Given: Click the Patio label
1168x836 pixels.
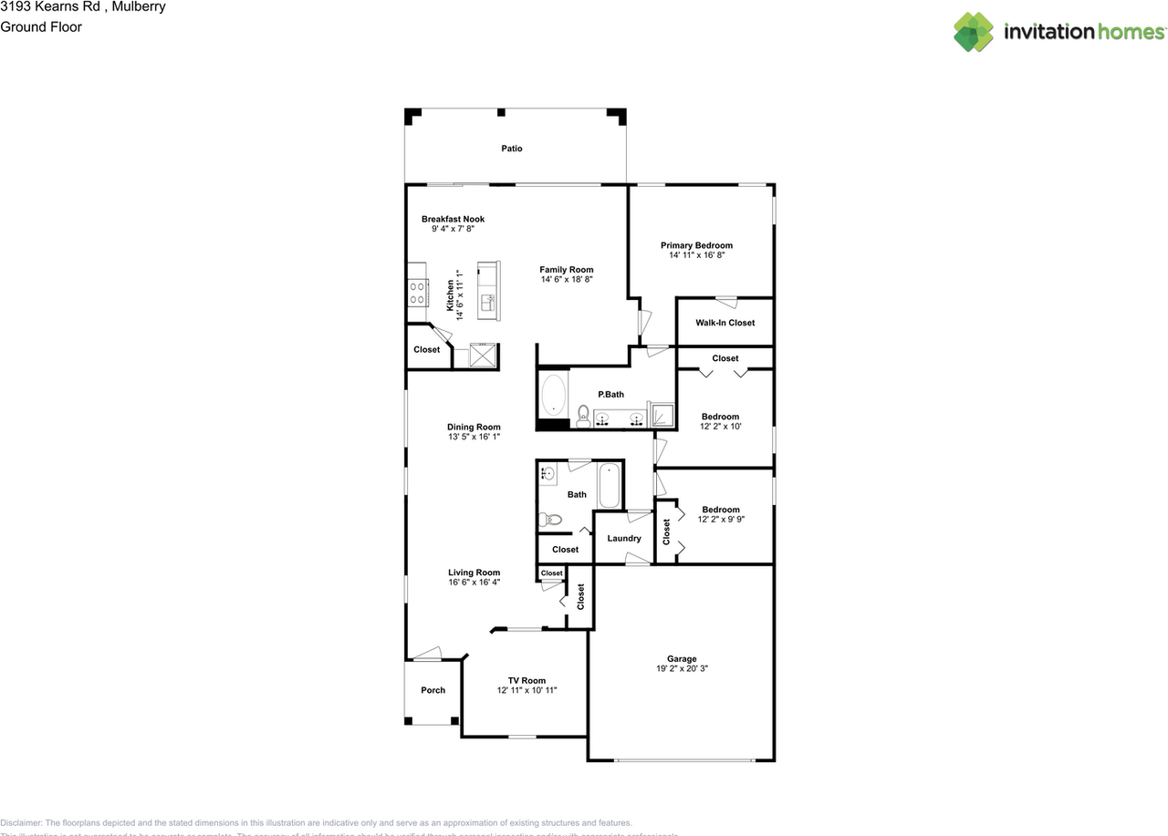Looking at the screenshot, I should coord(512,149).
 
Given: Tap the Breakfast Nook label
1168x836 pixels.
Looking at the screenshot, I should coord(453,219).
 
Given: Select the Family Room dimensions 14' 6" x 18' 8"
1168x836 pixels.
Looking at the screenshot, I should coord(566,280).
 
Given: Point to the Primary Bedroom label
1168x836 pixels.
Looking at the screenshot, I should coord(696,245).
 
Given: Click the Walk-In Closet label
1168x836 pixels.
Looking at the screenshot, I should coord(725,323).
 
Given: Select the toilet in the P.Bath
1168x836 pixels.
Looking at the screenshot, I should coord(583,416).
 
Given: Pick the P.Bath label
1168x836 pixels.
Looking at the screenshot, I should coord(610,395).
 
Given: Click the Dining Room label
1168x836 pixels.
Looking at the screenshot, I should coord(474,427).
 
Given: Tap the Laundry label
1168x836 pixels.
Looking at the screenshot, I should coord(624,538).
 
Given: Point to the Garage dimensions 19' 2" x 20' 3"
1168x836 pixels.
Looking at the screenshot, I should coord(682,668).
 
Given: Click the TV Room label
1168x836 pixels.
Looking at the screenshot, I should coord(527,680).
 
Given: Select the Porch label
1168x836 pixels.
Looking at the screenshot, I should coord(433,690).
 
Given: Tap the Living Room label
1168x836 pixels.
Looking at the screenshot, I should coord(474,573).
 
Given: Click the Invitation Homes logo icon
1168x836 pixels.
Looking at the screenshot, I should coord(974,32).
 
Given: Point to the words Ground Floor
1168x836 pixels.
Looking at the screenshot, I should coord(41,26).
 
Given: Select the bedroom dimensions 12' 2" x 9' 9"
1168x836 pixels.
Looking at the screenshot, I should coord(720,520).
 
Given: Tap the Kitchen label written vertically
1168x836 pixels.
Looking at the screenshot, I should coord(450,296).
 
